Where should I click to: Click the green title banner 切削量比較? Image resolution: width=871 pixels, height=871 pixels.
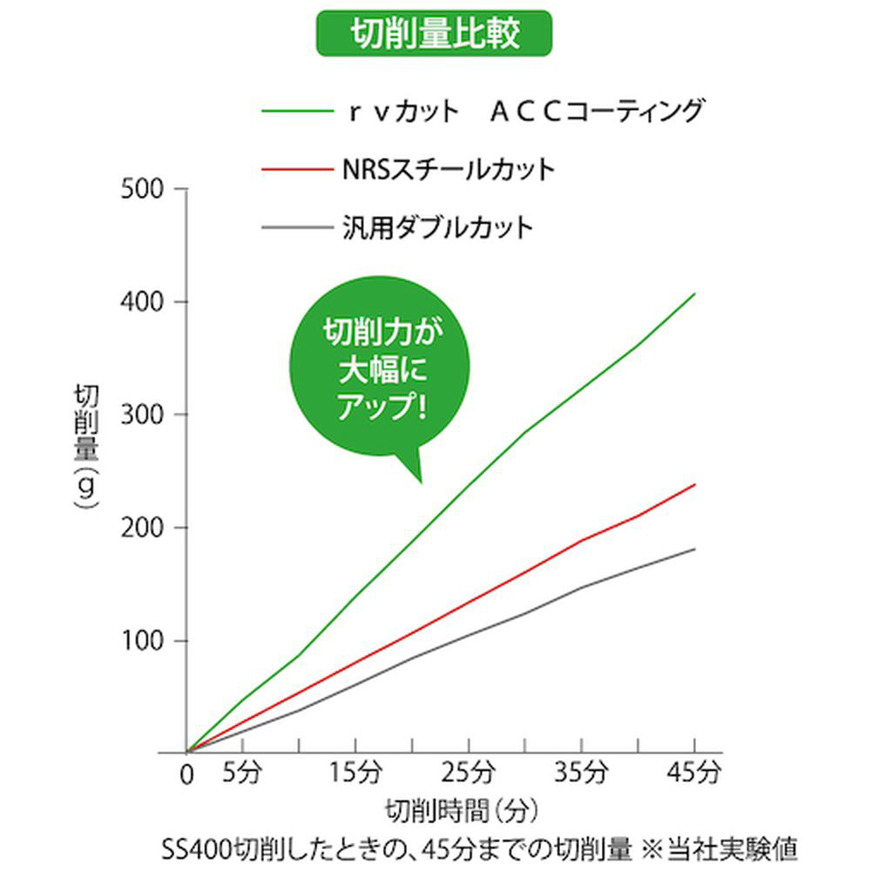(x=434, y=33)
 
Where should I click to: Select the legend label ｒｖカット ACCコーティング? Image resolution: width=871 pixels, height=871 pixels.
(x=522, y=111)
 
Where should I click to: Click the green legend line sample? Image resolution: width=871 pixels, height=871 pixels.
(x=294, y=111)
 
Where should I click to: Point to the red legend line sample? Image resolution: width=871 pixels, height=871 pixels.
(x=294, y=169)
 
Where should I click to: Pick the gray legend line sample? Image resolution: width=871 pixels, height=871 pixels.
(x=294, y=229)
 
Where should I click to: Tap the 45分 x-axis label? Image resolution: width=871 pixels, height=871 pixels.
(x=696, y=772)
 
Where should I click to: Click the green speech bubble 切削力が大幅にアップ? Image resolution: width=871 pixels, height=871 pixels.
(x=380, y=370)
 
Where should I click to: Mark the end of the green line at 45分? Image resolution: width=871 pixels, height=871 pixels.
(x=694, y=294)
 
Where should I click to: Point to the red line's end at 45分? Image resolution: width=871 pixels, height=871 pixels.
(x=694, y=484)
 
